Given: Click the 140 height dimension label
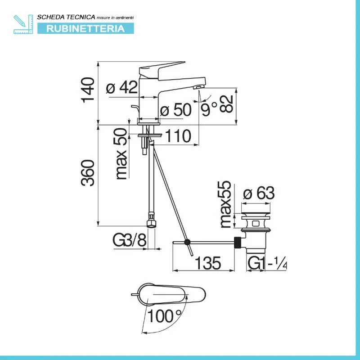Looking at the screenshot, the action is tap(88, 90).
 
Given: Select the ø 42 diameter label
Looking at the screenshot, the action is tap(122, 87).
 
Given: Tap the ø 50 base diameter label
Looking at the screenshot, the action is tap(176, 109).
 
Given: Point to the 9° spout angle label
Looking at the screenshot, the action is tap(209, 109).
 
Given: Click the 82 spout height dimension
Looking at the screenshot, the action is tap(226, 104).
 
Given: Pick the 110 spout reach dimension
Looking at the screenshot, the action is tap(178, 136).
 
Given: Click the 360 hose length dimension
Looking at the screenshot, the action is tap(88, 173).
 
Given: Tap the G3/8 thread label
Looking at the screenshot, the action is tap(130, 240).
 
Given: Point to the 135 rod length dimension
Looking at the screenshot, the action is tap(208, 263).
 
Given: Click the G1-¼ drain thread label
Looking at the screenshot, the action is tap(267, 263).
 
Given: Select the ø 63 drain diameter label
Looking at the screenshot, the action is tap(259, 193).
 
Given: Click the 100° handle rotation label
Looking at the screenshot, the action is tap(164, 316).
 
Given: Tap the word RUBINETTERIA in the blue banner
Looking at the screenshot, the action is tap(85, 28).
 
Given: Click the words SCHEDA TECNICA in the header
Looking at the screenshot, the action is tap(66, 17).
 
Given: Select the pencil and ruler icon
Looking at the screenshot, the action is tap(23, 24).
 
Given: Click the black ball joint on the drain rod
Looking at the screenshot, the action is tap(187, 242).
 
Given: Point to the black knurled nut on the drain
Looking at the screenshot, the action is tap(238, 242).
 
